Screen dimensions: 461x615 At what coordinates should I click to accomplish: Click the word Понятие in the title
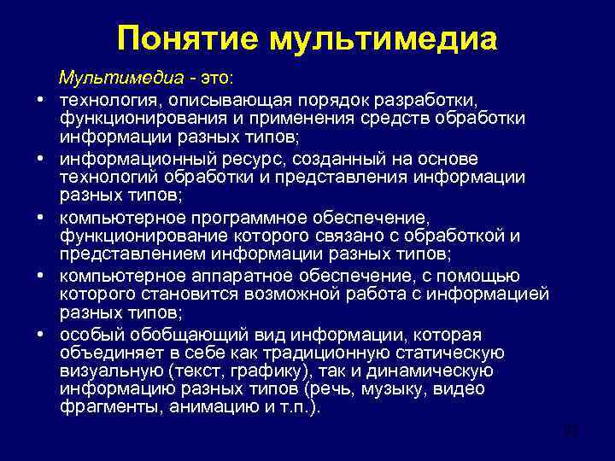[184, 38]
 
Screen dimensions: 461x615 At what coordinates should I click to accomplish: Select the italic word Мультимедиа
[120, 79]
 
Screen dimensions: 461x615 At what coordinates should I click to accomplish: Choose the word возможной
[287, 292]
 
